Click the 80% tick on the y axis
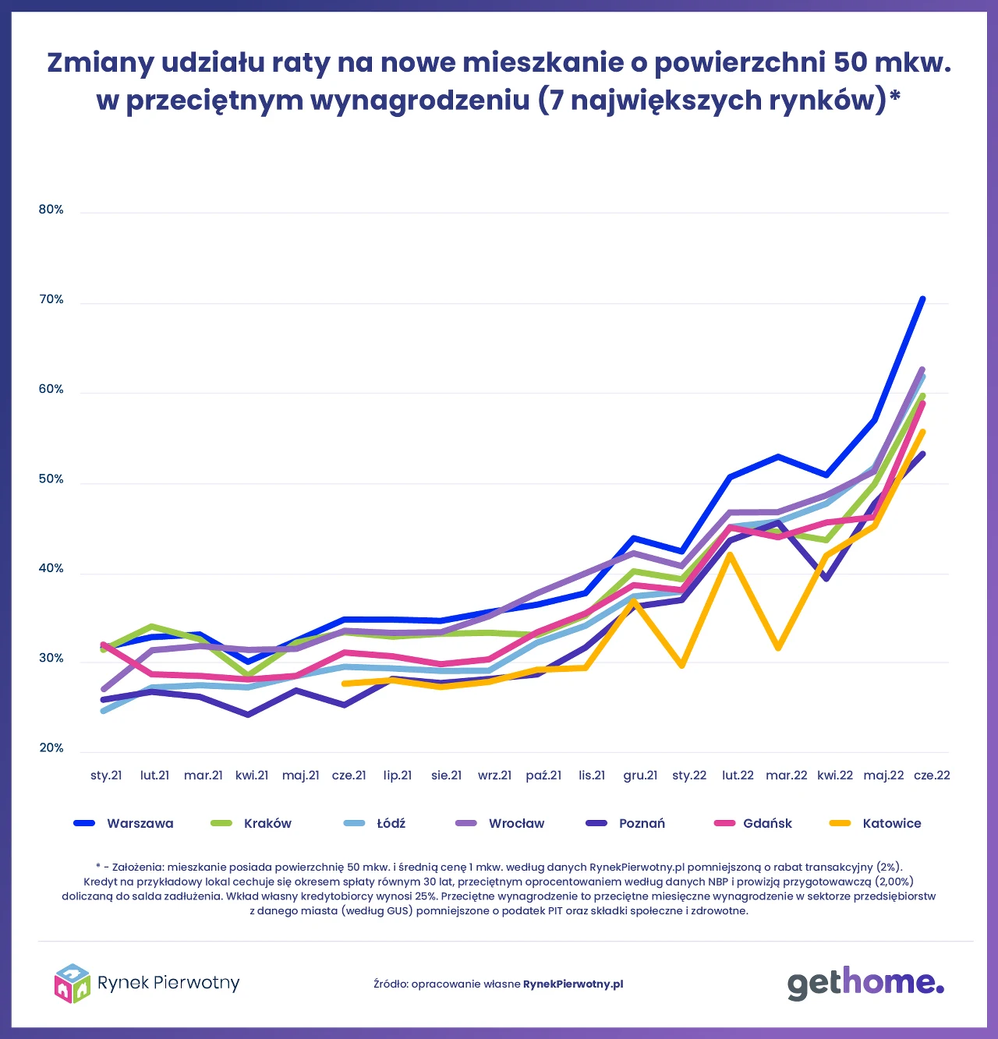[51, 210]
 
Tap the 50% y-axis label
[51, 479]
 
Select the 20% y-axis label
[51, 748]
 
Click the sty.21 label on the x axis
[106, 776]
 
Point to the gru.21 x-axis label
[640, 776]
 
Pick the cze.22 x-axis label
[932, 776]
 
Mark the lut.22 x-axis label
[738, 776]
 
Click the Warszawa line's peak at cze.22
[922, 299]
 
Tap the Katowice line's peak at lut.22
[730, 555]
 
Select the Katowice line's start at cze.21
[344, 684]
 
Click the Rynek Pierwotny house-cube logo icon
[72, 983]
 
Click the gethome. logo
[865, 984]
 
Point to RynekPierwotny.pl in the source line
[573, 984]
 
